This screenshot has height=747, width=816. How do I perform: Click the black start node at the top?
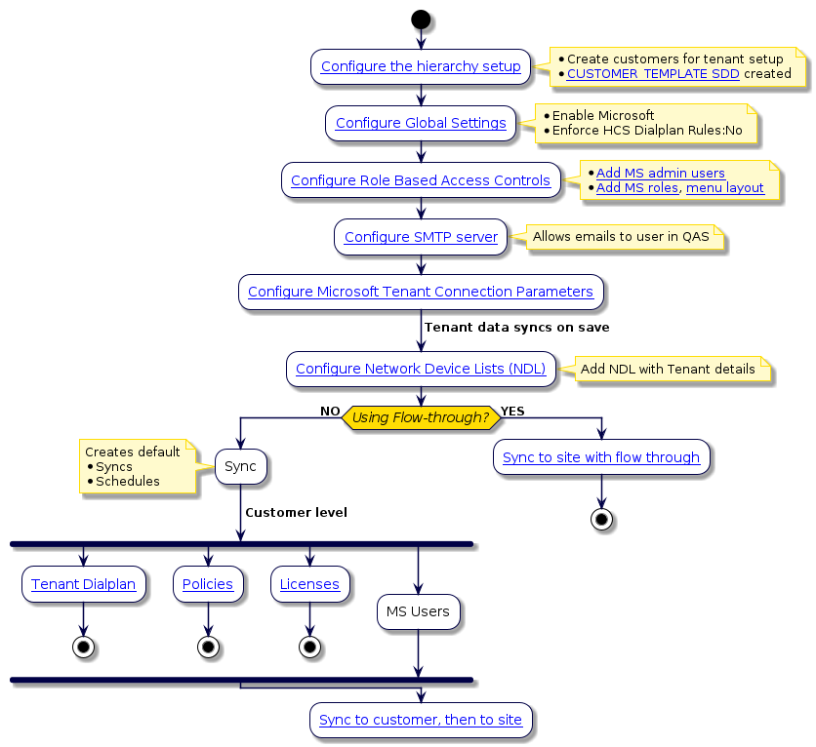click(421, 19)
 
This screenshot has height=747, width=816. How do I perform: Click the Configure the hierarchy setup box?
click(421, 67)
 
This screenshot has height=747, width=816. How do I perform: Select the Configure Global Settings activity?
click(421, 124)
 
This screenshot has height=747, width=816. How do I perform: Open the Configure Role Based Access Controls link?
click(421, 180)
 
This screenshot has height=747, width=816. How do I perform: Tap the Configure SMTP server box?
click(421, 237)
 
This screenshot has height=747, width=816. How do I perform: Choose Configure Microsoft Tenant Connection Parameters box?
click(421, 293)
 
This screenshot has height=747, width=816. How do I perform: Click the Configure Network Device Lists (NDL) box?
click(421, 369)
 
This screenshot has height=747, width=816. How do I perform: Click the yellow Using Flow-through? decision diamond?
click(421, 417)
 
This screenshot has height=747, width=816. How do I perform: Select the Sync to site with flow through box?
click(601, 457)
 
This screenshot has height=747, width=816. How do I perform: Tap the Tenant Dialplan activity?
click(83, 585)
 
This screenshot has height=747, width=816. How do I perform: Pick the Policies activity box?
click(208, 585)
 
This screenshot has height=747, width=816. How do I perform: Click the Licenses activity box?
click(309, 585)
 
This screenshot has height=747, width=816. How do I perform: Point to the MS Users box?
click(418, 612)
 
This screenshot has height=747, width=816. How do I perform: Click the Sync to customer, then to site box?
click(421, 721)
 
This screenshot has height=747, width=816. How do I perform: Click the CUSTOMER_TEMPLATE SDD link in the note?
click(653, 74)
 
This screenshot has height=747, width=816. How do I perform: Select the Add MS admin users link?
click(660, 174)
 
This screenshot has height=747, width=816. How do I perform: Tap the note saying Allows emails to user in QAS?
click(621, 237)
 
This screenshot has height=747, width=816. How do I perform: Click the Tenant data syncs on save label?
click(516, 328)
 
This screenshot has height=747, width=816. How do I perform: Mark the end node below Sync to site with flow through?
click(601, 519)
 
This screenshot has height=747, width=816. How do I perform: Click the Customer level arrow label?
click(296, 513)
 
